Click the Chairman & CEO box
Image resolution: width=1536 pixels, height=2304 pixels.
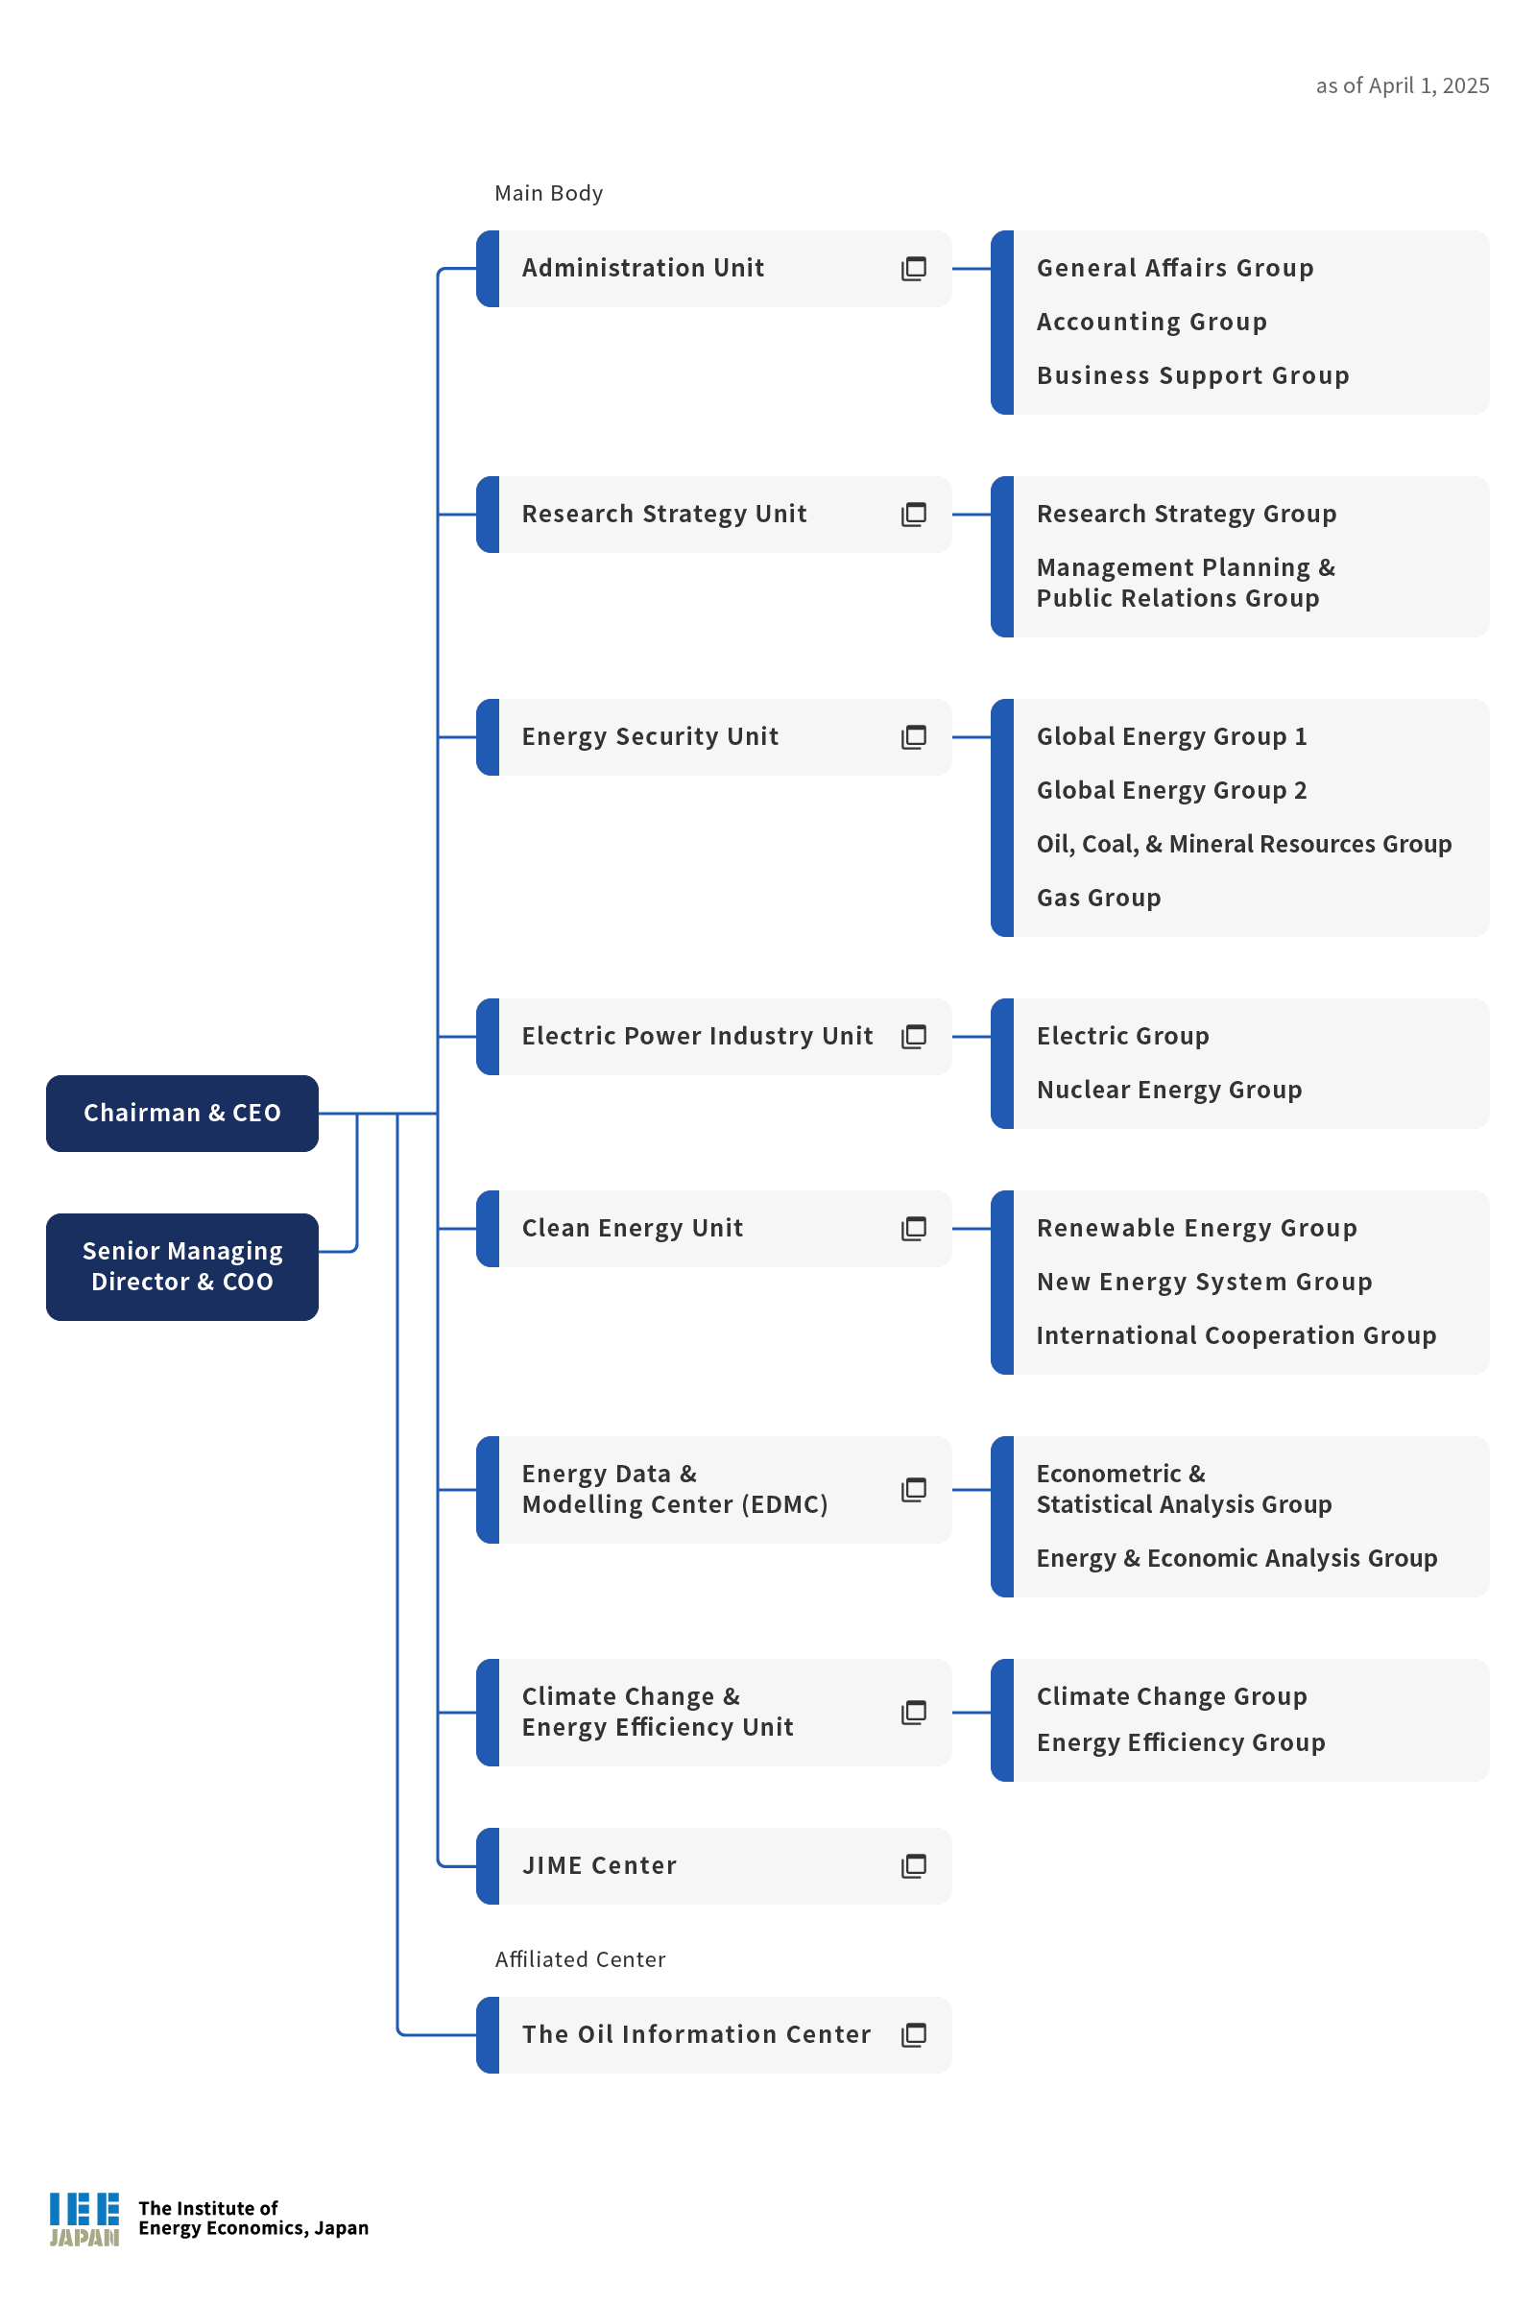(182, 1113)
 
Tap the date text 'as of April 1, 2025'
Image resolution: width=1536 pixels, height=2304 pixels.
(1402, 86)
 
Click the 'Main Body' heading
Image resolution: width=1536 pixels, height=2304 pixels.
(548, 193)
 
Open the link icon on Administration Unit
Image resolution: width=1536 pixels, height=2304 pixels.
(913, 269)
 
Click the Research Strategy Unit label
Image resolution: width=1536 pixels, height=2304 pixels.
(664, 515)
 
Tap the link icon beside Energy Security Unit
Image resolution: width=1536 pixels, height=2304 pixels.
(913, 736)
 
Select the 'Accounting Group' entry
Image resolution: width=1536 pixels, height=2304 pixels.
(1151, 323)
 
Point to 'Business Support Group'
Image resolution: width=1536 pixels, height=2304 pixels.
(1192, 376)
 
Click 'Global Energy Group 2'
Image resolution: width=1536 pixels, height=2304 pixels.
(1171, 790)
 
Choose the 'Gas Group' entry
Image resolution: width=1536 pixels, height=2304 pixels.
(1098, 899)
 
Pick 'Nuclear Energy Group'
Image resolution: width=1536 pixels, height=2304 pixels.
(1168, 1091)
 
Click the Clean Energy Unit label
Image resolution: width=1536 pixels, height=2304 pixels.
(632, 1229)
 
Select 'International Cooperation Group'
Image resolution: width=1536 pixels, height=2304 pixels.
(1236, 1336)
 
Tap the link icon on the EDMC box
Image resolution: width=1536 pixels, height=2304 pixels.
(913, 1490)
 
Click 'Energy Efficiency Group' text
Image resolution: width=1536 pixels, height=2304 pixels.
(1181, 1742)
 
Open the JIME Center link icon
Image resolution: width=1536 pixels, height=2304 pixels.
(913, 1866)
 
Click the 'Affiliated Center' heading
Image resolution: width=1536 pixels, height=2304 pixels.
(580, 1959)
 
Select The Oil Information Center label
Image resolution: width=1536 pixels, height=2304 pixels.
(695, 2034)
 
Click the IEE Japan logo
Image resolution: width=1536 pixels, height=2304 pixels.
(85, 2219)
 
